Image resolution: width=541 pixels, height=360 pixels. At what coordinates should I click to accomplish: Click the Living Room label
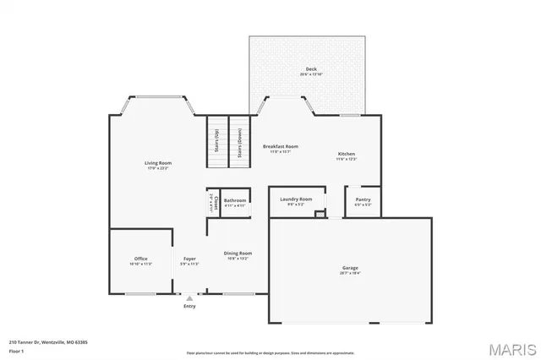[x=158, y=162]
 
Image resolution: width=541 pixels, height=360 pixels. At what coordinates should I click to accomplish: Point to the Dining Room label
[x=238, y=254]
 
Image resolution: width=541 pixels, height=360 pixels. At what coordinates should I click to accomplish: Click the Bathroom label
[x=234, y=200]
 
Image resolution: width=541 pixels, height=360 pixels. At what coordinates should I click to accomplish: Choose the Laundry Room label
[x=296, y=199]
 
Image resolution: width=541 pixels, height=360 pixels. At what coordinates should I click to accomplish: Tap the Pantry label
[x=363, y=199]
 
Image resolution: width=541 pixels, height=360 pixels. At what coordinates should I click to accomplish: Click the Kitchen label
[x=347, y=154]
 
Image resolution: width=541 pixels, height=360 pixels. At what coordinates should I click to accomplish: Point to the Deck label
[x=310, y=68]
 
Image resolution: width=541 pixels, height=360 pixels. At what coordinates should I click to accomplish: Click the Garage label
[x=349, y=268]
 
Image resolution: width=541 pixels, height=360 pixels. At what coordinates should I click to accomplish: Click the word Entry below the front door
[x=189, y=305]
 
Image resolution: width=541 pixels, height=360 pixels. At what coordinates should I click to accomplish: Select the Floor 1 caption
[x=15, y=350]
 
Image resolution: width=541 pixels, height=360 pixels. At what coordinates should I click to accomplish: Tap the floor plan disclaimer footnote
[x=270, y=352]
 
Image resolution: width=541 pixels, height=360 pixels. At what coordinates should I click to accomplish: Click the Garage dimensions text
[x=349, y=273]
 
